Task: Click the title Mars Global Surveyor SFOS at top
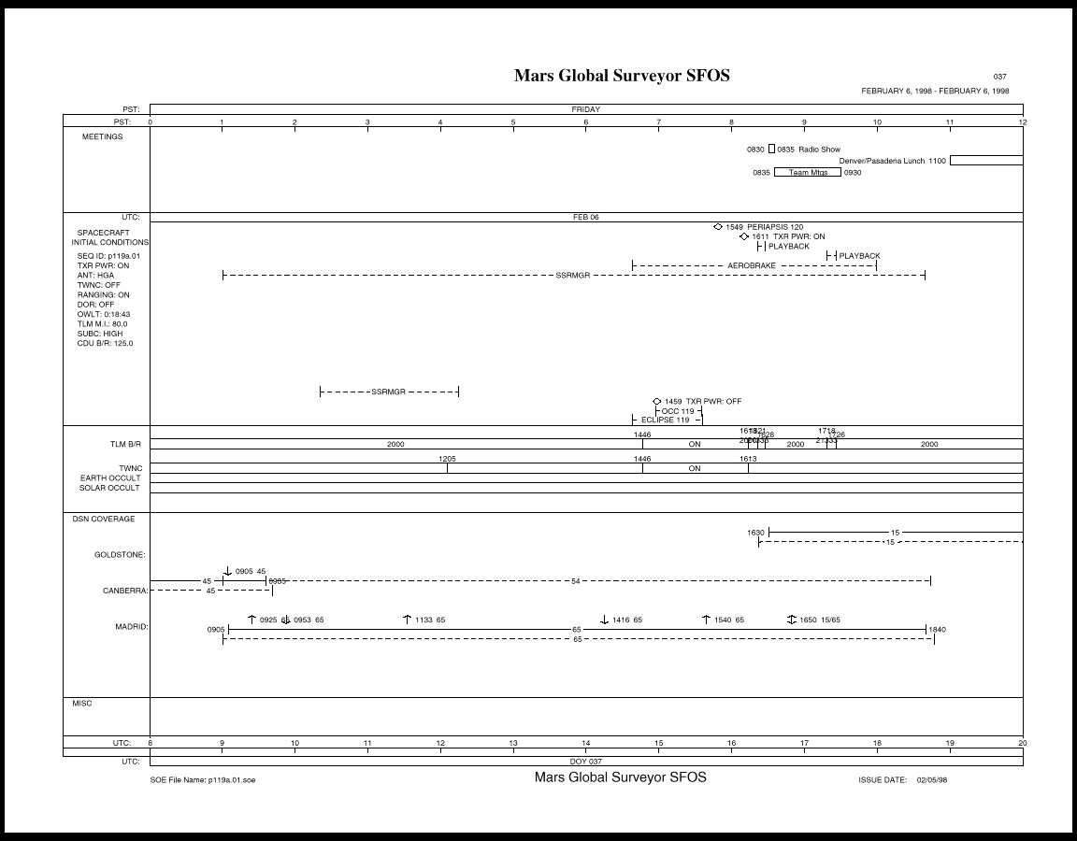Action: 622,76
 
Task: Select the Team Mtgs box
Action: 807,173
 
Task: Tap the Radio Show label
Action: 819,150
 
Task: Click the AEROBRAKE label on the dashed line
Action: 752,266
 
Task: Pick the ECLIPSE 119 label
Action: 665,420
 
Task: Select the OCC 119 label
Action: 678,411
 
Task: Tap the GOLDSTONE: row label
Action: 120,555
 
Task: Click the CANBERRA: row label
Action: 124,591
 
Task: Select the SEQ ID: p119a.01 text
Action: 108,255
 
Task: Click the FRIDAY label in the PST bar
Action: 586,109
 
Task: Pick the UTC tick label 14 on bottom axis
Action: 586,744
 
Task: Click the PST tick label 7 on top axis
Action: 658,122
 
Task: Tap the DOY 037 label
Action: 586,762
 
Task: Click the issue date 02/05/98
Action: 932,779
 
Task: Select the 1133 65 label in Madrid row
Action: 430,620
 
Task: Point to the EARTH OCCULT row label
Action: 109,478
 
